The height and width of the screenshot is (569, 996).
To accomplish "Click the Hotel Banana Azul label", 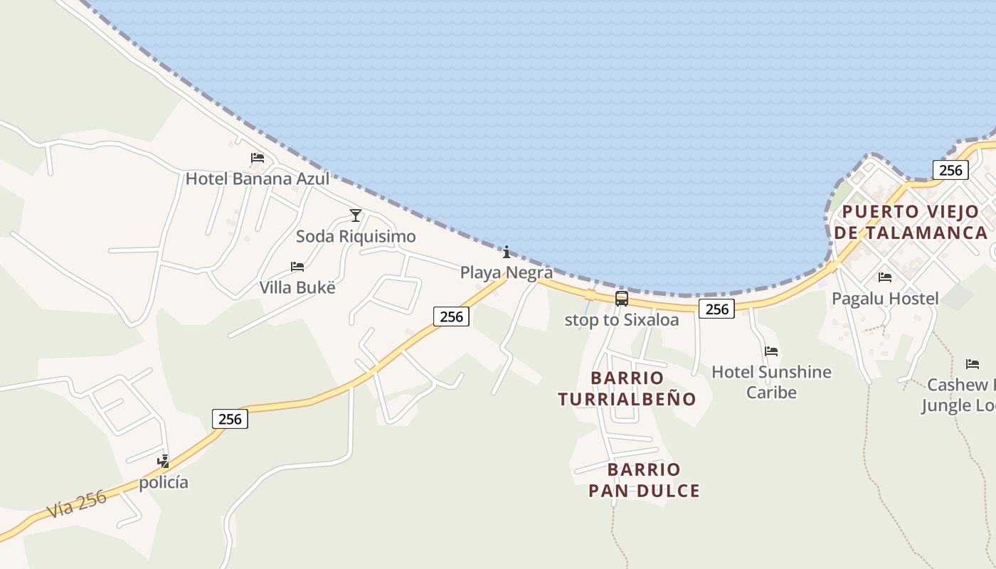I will point(257,179).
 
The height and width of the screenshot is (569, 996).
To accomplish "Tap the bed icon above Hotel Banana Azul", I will point(258,158).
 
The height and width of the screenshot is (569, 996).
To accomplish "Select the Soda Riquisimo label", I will point(356,236).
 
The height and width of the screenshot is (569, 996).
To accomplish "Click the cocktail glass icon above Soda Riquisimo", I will point(356,216).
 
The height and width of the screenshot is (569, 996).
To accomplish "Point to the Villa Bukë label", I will point(297,287).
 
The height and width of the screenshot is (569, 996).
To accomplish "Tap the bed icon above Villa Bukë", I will point(297,267).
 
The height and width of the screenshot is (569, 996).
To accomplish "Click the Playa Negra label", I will point(506,272).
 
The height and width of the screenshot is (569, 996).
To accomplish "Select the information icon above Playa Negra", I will point(507,252).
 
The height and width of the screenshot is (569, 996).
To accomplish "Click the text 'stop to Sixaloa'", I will point(621,320).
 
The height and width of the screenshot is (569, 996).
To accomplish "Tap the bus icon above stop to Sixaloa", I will point(622,299).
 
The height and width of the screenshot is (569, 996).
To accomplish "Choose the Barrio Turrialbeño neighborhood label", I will point(627,388).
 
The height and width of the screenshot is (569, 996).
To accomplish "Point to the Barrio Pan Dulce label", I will point(644,480).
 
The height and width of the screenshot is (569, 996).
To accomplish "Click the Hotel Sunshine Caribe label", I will point(771,382).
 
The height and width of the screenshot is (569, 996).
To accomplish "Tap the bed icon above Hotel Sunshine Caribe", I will point(771,351).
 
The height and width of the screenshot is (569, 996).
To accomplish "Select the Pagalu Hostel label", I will point(885,299).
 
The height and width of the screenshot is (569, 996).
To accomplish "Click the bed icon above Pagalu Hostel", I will point(885,277).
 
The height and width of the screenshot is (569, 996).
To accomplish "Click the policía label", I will point(164,482).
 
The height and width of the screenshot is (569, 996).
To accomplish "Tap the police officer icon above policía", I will point(164,462).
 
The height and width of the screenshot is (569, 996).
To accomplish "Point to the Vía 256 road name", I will point(77,503).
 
